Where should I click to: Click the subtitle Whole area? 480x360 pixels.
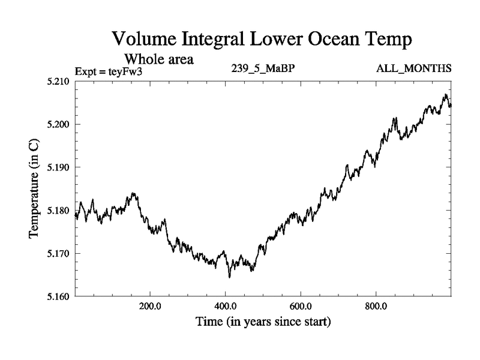tap(158, 59)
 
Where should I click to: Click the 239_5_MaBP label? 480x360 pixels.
tap(263, 68)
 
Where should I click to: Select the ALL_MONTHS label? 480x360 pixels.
tap(413, 68)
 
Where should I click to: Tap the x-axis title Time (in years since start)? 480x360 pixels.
tap(262, 322)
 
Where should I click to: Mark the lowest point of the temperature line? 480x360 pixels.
tap(229, 277)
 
